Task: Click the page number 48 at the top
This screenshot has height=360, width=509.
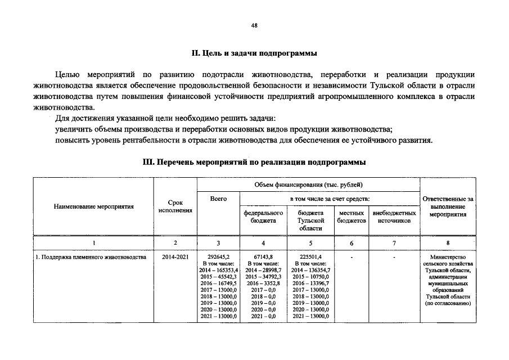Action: pyautogui.click(x=254, y=26)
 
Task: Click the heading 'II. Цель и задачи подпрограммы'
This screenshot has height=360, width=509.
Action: pyautogui.click(x=254, y=54)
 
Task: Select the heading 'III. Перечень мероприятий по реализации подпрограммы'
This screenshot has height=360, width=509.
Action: pyautogui.click(x=254, y=162)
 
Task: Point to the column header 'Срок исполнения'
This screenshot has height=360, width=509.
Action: pyautogui.click(x=175, y=206)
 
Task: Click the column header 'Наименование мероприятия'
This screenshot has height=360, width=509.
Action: pyautogui.click(x=94, y=206)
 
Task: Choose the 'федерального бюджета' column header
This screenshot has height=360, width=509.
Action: pyautogui.click(x=263, y=217)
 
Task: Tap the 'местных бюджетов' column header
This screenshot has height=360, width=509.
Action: pyautogui.click(x=352, y=217)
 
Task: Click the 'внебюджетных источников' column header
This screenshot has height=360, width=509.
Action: pyautogui.click(x=394, y=217)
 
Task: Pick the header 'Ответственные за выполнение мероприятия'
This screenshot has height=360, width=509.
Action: pyautogui.click(x=448, y=206)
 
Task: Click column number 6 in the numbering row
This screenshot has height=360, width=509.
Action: pyautogui.click(x=352, y=242)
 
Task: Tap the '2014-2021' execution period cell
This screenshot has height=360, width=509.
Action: pyautogui.click(x=175, y=257)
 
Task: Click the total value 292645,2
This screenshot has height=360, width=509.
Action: pyautogui.click(x=218, y=257)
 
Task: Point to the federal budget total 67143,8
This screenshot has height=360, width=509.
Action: pyautogui.click(x=263, y=257)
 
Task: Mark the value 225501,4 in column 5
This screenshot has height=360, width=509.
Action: pyautogui.click(x=310, y=257)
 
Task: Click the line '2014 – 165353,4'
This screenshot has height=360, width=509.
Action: pyautogui.click(x=219, y=271)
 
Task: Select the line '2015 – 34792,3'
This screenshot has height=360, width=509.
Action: pyautogui.click(x=263, y=277)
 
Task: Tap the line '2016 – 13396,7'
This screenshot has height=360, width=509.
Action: pyautogui.click(x=310, y=283)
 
